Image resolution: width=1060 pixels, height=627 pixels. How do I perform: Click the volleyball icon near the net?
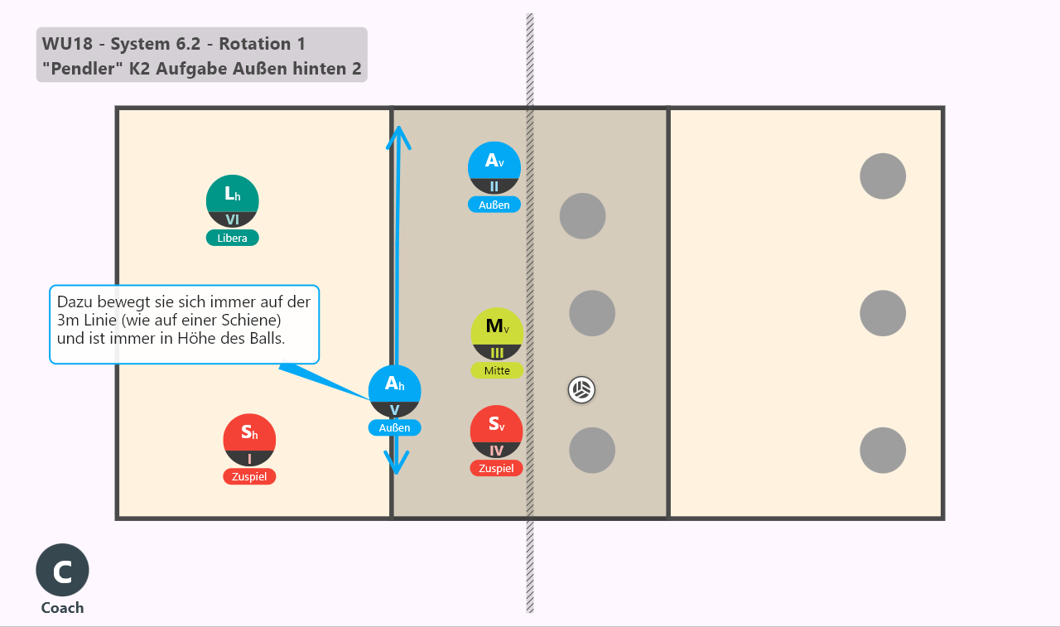[x=581, y=390]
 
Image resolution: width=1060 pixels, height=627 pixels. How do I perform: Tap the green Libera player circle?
[x=233, y=201]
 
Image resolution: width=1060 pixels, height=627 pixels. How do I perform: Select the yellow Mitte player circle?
[x=498, y=334]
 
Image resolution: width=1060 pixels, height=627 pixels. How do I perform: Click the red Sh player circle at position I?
[x=249, y=440]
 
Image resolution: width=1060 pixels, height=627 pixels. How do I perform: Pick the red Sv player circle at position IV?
[x=496, y=432]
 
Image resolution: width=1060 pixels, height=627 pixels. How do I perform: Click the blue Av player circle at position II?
[x=494, y=168]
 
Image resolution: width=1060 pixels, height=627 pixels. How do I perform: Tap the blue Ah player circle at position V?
[x=395, y=391]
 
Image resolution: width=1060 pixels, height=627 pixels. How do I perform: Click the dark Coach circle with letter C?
[x=62, y=570]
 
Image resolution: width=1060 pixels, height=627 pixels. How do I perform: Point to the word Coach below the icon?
[x=62, y=608]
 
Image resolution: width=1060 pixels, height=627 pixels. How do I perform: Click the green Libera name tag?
[x=233, y=238]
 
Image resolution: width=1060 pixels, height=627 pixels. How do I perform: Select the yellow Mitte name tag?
[x=498, y=370]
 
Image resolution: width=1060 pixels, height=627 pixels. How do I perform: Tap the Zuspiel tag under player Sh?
[x=249, y=476]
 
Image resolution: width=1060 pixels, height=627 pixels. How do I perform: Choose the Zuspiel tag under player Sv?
[x=496, y=468]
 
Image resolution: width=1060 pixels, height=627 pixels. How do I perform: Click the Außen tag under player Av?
[x=494, y=205]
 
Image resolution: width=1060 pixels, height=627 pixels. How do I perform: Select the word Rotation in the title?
[x=254, y=44]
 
